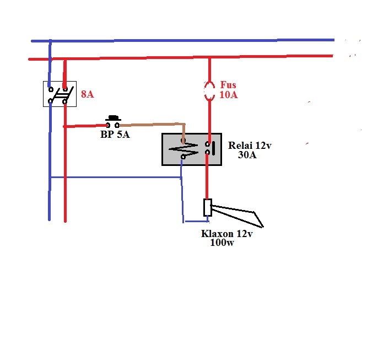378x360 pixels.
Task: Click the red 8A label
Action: click(87, 94)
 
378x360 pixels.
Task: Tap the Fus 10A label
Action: click(229, 90)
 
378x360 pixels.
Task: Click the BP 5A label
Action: click(115, 135)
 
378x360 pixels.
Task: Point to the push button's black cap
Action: click(113, 118)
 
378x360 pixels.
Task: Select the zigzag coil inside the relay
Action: click(183, 149)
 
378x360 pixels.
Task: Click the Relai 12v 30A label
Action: click(250, 150)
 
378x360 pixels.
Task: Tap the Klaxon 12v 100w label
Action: click(227, 238)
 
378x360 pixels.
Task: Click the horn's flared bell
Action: click(237, 216)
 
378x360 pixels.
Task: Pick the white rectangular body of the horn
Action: click(208, 207)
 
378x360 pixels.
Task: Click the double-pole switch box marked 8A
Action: click(60, 94)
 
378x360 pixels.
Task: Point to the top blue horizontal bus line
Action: click(183, 40)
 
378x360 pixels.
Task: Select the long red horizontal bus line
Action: click(181, 58)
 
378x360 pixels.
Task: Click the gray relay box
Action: click(192, 149)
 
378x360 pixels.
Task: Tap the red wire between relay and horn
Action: click(207, 176)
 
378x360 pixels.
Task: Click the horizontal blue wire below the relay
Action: click(116, 178)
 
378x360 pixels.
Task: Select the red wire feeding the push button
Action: click(85, 126)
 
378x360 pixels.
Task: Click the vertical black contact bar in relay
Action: click(213, 148)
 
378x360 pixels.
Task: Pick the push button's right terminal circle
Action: click(117, 125)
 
